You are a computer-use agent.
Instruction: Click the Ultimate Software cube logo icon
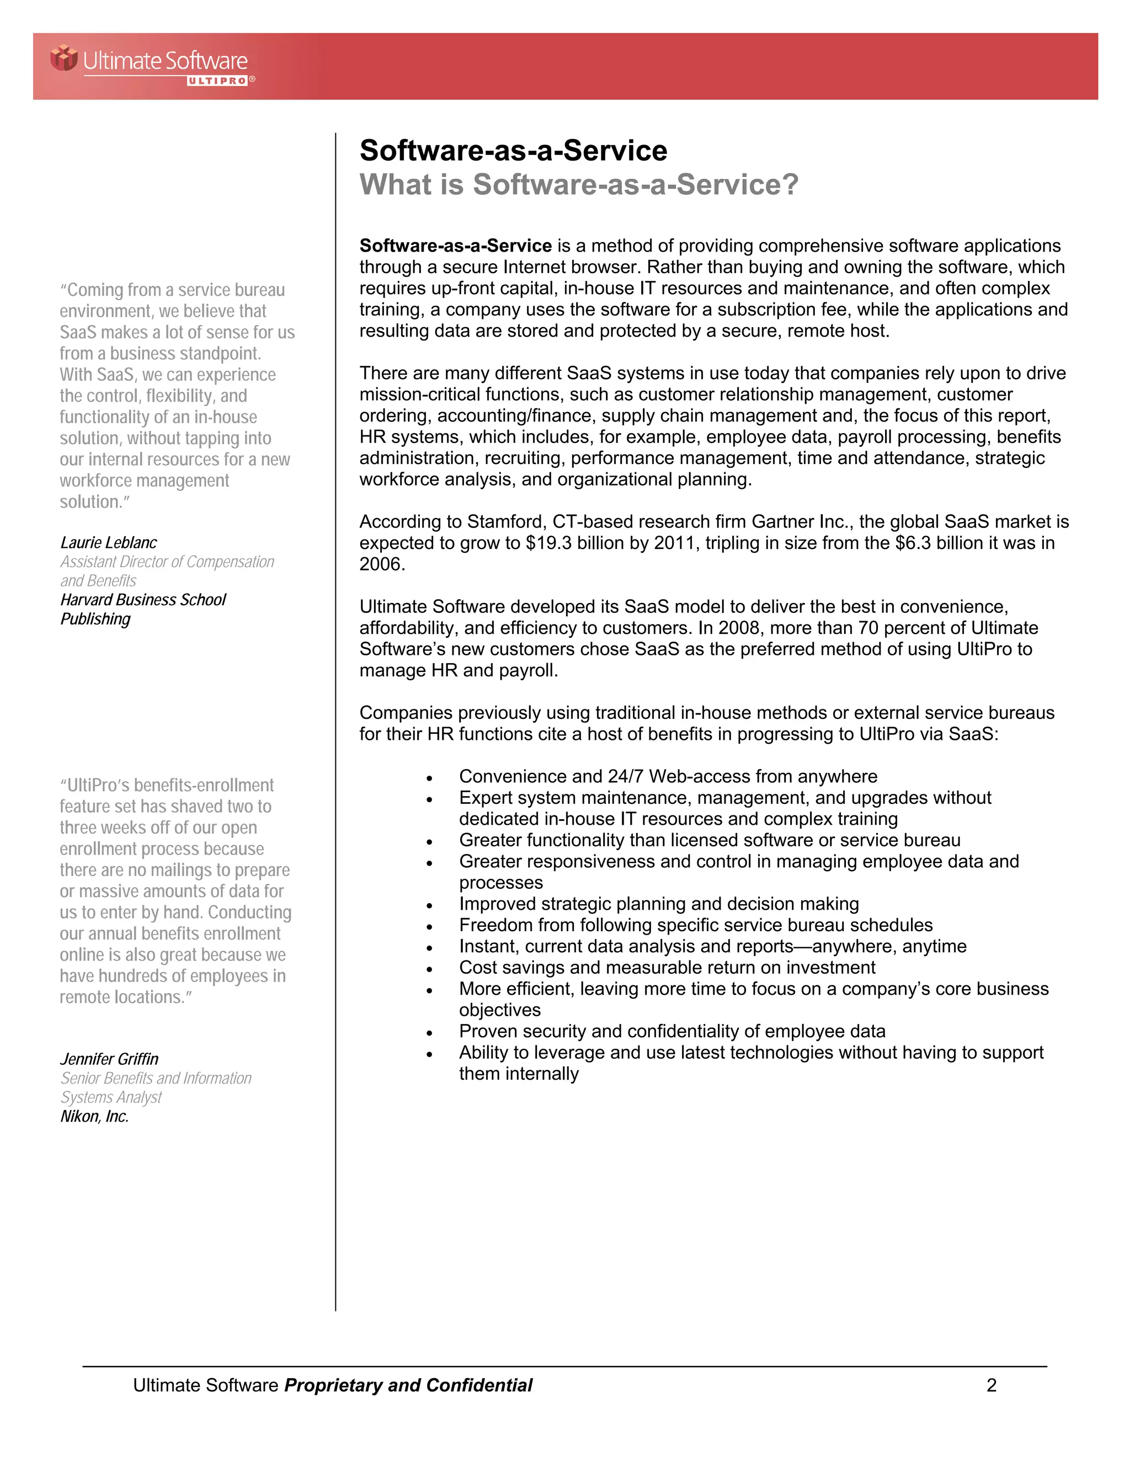click(x=64, y=57)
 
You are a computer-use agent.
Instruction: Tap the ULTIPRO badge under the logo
click(x=217, y=81)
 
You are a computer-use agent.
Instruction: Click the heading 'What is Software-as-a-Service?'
click(x=579, y=185)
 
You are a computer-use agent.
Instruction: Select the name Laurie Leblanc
click(x=109, y=542)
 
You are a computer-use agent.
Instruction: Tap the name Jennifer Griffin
click(x=109, y=1059)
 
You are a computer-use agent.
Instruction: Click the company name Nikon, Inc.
click(x=94, y=1116)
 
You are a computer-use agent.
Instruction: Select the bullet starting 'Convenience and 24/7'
click(x=668, y=777)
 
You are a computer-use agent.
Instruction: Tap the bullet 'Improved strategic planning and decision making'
click(x=659, y=904)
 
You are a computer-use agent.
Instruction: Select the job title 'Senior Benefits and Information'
click(x=156, y=1078)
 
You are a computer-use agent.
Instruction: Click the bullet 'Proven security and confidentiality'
click(x=672, y=1031)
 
